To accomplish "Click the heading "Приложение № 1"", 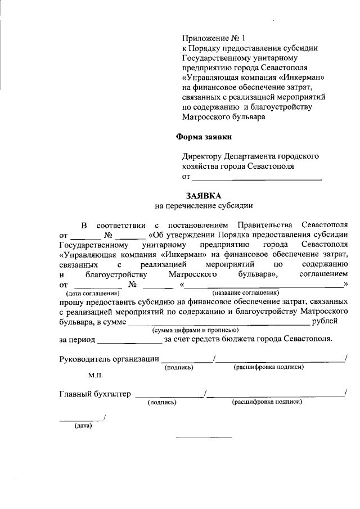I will click(x=214, y=39).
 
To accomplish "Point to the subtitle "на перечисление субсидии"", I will click(x=204, y=206).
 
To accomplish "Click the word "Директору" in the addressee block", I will click(x=201, y=156).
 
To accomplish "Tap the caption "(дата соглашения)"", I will click(x=93, y=293).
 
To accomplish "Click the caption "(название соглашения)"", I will click(x=246, y=292).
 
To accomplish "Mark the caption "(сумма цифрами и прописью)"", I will click(x=192, y=330).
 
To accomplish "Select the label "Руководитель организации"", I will click(x=109, y=359).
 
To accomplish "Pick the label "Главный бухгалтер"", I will click(x=94, y=394).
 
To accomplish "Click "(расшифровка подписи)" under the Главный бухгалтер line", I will click(x=267, y=402).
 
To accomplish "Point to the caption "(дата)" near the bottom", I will click(x=83, y=426).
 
